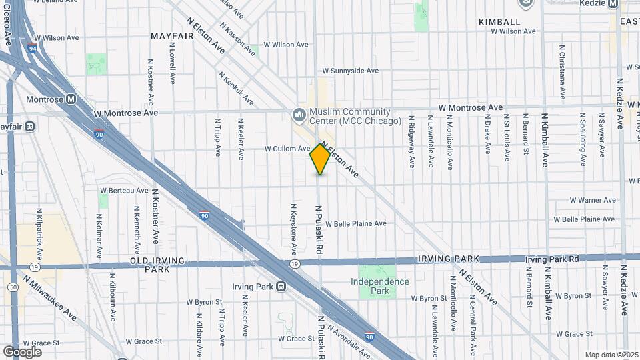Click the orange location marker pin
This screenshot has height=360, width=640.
pos(320,159)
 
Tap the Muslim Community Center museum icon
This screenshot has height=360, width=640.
pos(299,116)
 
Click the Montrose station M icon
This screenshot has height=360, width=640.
pos(71,99)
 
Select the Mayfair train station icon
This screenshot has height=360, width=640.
pos(29,126)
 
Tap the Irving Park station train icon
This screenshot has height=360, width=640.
pos(281,287)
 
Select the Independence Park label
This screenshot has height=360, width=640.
pos(380,286)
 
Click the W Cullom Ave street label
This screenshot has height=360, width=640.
pos(287,149)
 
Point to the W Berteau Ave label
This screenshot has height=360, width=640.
pos(123,191)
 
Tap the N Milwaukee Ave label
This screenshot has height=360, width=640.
pos(51,298)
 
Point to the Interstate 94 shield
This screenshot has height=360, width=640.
pos(32,47)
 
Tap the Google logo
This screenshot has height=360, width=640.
pos(22,351)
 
